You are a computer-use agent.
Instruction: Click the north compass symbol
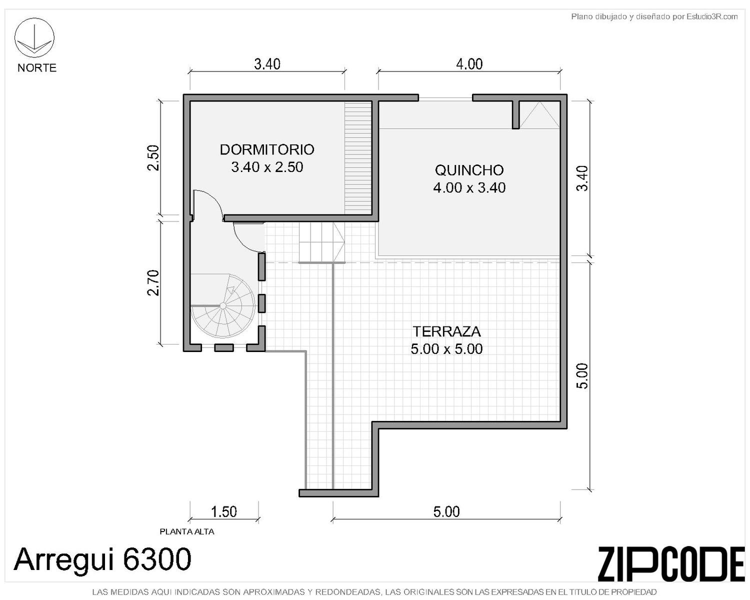[x=34, y=37]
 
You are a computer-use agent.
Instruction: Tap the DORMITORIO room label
[x=267, y=149]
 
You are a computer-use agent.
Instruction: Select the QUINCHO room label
[x=469, y=170]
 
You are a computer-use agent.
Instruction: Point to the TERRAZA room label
[x=446, y=331]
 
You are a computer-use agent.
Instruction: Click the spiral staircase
[x=223, y=306]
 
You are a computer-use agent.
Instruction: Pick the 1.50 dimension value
[x=223, y=511]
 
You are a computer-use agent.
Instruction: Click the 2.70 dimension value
[x=153, y=282]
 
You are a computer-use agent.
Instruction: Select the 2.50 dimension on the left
[x=153, y=157]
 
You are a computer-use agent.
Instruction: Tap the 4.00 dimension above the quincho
[x=469, y=64]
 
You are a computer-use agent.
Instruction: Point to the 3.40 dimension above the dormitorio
[x=267, y=64]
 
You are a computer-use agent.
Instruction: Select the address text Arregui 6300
[x=102, y=559]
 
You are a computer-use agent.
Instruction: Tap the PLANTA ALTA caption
[x=187, y=532]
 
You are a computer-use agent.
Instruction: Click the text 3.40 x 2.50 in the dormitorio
[x=267, y=167]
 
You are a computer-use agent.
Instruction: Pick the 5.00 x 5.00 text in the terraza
[x=446, y=349]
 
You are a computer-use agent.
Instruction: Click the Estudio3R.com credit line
[x=654, y=16]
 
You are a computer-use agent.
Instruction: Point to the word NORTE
[x=37, y=68]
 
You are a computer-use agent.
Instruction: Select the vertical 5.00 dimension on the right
[x=582, y=376]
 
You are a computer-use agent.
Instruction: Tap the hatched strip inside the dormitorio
[x=358, y=157]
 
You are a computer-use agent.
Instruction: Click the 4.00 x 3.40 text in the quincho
[x=469, y=188]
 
